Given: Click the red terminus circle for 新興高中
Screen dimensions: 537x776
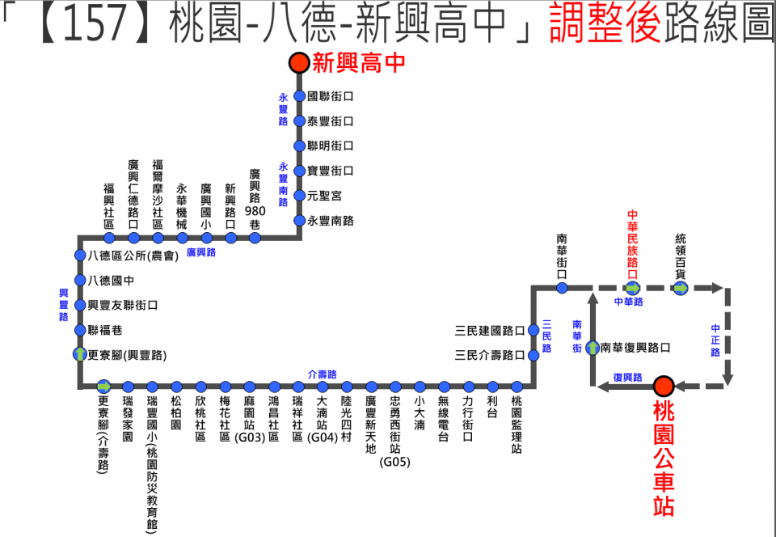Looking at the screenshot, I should (299, 62).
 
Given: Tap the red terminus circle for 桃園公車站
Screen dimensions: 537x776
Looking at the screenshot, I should (664, 387).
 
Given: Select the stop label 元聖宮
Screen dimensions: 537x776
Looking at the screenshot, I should (324, 196).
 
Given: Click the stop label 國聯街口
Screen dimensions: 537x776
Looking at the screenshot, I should (331, 96).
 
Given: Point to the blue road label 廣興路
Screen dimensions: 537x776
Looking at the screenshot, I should (201, 252).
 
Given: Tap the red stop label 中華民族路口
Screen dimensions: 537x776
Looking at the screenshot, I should (633, 240).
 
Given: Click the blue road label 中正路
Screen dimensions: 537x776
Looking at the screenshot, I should (715, 340).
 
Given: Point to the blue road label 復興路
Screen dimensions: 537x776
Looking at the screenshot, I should (627, 377).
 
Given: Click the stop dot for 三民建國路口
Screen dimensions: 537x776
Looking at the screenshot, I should (533, 330).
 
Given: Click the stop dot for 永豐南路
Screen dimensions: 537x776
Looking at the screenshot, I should (299, 221).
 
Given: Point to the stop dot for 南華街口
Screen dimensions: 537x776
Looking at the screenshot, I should (563, 287).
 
